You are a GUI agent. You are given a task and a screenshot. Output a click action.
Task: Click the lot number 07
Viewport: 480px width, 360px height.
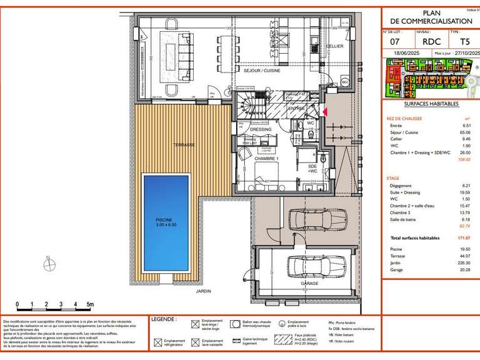[x=395, y=41]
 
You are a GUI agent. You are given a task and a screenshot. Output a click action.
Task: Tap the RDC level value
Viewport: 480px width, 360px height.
[x=426, y=41]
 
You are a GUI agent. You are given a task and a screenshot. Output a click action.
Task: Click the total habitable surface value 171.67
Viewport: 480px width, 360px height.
[x=462, y=238]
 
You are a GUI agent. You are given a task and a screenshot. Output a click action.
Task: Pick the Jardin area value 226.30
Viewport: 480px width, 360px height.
[x=462, y=263]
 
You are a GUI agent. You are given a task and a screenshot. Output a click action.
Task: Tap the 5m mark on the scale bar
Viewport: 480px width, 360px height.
[x=90, y=304]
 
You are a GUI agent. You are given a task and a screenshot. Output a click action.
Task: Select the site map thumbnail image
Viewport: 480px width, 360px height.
[x=429, y=77]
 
